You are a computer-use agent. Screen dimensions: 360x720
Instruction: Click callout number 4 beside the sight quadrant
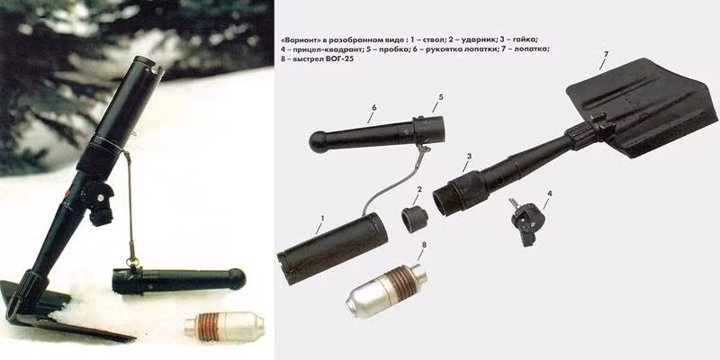click(551, 193)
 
